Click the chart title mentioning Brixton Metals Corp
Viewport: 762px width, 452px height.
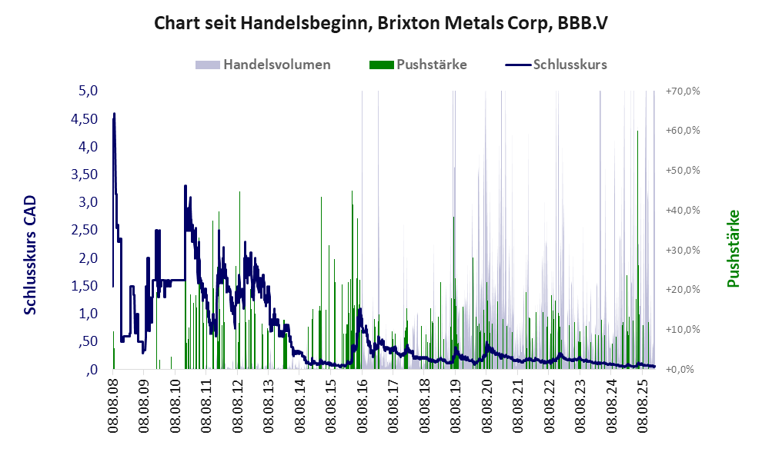click(x=381, y=23)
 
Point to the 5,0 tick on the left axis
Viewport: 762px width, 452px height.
click(x=88, y=91)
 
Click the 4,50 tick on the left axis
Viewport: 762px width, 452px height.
click(x=84, y=118)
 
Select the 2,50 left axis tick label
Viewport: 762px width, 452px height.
click(x=84, y=230)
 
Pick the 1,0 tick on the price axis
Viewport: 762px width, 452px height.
click(x=88, y=314)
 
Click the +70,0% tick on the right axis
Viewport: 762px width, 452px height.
click(x=683, y=91)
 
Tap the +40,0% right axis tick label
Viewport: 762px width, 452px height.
click(x=683, y=210)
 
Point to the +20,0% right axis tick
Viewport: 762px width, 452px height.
click(x=683, y=290)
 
